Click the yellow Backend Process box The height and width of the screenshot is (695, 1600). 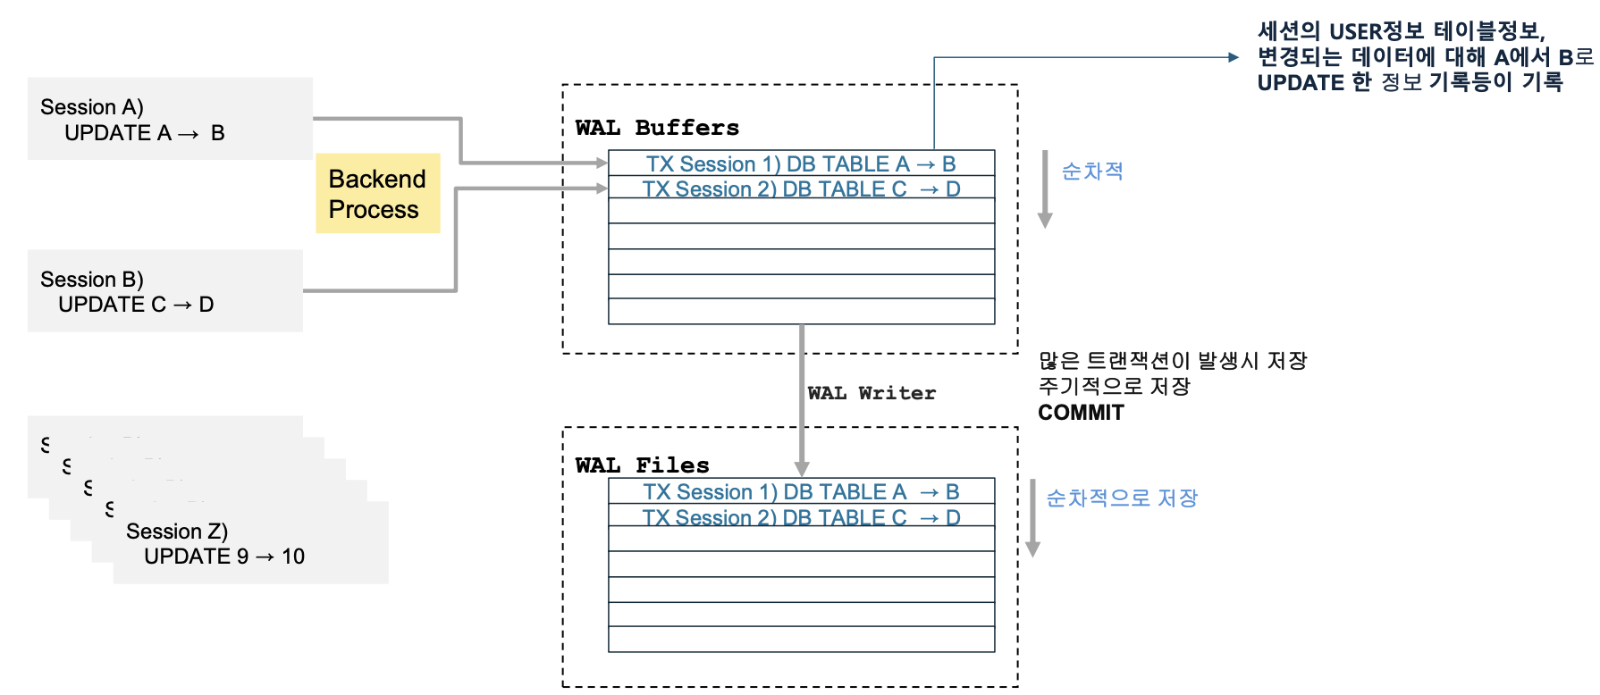pyautogui.click(x=377, y=194)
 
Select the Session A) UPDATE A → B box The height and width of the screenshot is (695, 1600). pyautogui.click(x=170, y=119)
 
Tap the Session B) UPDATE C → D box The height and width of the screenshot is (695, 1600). pyautogui.click(x=164, y=291)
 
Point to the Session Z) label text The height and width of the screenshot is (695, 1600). pyautogui.click(x=177, y=532)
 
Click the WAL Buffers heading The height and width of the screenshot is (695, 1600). pyautogui.click(x=657, y=128)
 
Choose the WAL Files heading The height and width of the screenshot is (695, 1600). pyautogui.click(x=642, y=465)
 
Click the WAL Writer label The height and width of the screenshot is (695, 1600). pyautogui.click(x=872, y=393)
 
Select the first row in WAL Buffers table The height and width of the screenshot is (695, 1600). pyautogui.click(x=801, y=164)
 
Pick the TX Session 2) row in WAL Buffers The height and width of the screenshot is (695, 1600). pyautogui.click(x=801, y=189)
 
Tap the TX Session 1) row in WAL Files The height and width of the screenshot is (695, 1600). pyautogui.click(x=801, y=492)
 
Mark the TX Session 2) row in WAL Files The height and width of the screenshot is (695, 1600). pyautogui.click(x=801, y=518)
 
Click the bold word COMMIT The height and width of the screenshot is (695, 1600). pyautogui.click(x=1081, y=413)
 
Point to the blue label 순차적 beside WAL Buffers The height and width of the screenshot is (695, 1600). pyautogui.click(x=1092, y=172)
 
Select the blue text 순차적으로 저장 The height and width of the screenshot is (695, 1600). pyautogui.click(x=1122, y=498)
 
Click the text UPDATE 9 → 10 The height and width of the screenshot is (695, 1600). pyautogui.click(x=224, y=557)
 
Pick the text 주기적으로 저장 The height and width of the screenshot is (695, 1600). pyautogui.click(x=1114, y=387)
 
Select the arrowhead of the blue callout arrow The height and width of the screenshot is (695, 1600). pyautogui.click(x=1234, y=57)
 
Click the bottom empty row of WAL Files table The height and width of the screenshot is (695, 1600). pyautogui.click(x=801, y=640)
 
